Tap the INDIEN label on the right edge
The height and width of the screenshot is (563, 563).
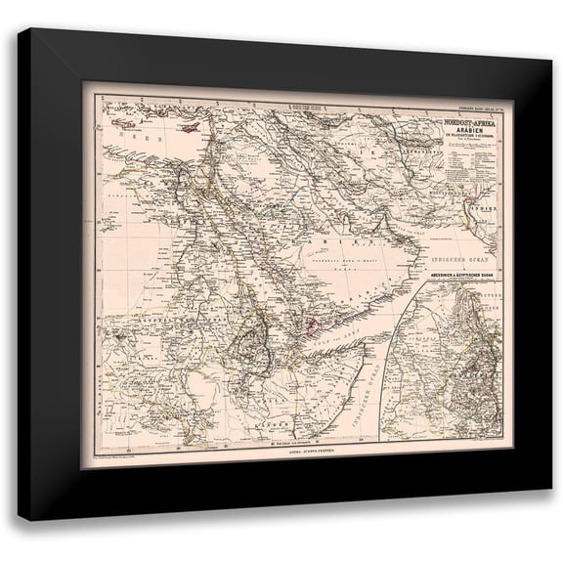tap(464, 210)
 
